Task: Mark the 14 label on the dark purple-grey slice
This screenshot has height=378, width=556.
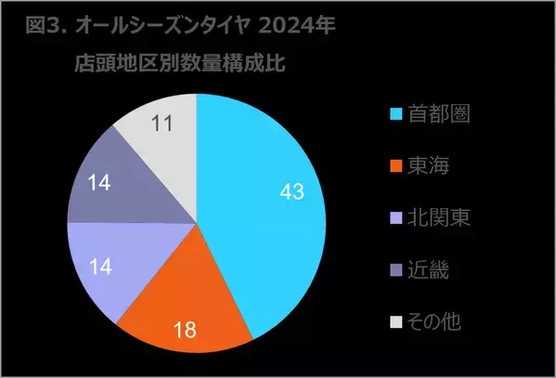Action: (x=98, y=183)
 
